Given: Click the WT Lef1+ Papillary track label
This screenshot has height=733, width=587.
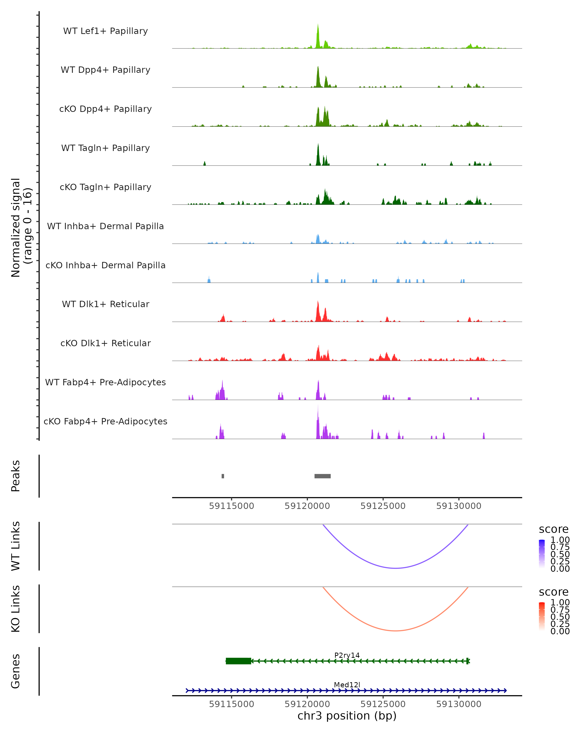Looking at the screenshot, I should click(x=105, y=31).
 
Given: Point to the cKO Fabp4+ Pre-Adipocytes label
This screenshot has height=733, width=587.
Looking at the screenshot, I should click(x=105, y=421).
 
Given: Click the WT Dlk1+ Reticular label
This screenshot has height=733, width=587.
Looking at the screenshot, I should click(x=105, y=304).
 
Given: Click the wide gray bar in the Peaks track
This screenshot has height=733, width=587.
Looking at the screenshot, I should click(x=322, y=476).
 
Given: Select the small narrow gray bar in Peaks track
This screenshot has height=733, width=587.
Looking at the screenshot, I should click(x=223, y=476).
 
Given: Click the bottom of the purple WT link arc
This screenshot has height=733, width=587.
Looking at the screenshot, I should click(x=395, y=568).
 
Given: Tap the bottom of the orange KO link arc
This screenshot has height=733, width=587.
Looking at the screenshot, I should click(x=395, y=631).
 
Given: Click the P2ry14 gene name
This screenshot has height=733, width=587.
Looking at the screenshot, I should click(x=347, y=655).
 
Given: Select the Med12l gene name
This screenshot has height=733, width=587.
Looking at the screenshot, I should click(x=347, y=685).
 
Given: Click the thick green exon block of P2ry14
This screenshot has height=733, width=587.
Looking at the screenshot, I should click(x=238, y=661).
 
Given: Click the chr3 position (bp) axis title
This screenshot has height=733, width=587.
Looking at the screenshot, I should click(x=347, y=716).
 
